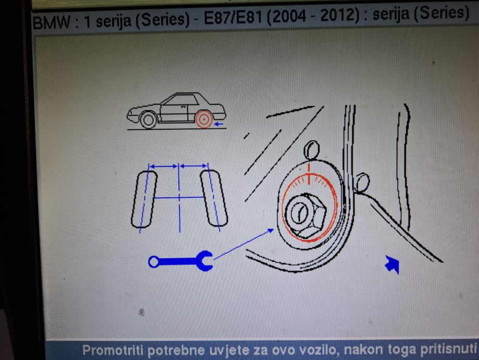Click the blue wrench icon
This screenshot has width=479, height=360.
pyautogui.click(x=181, y=261)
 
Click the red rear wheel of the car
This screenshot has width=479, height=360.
pyautogui.click(x=204, y=119)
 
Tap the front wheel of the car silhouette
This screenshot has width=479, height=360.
pyautogui.click(x=148, y=120)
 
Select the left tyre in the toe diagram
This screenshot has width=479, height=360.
pyautogui.click(x=144, y=199)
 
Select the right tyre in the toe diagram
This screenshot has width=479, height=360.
pyautogui.click(x=214, y=198)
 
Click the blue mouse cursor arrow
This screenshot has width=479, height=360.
pyautogui.click(x=392, y=265)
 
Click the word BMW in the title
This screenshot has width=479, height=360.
pyautogui.click(x=51, y=22)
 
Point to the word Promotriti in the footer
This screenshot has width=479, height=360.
pyautogui.click(x=113, y=350)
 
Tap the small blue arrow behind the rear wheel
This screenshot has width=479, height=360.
pyautogui.click(x=219, y=124)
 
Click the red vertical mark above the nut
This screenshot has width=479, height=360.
pyautogui.click(x=309, y=174)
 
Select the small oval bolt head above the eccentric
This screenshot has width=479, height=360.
pyautogui.click(x=311, y=150)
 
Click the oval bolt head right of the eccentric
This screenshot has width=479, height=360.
pyautogui.click(x=362, y=182)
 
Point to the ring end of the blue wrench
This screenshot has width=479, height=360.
pyautogui.click(x=154, y=262)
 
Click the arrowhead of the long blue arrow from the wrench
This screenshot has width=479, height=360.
pyautogui.click(x=271, y=230)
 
